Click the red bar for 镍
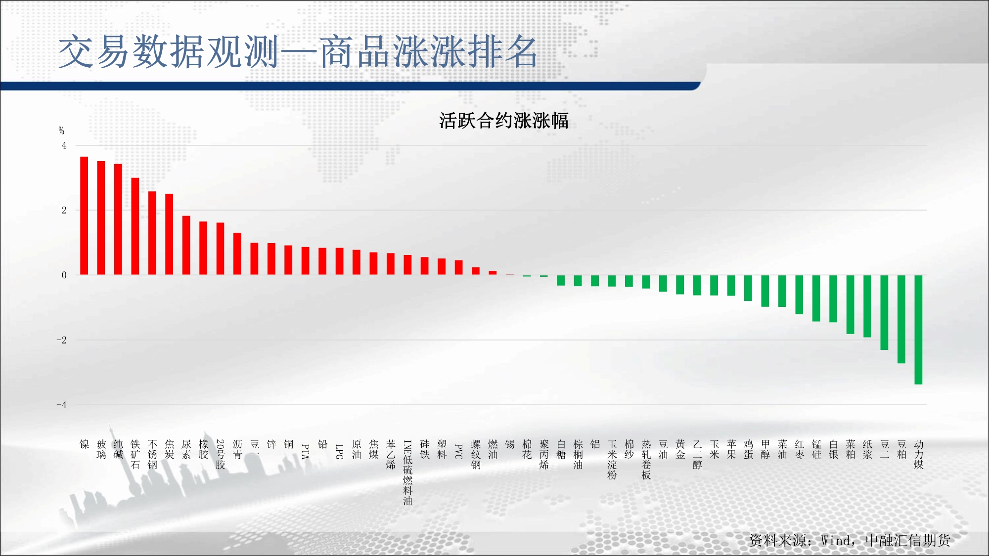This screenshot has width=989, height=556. point(84,215)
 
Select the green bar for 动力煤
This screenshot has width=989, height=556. point(918,330)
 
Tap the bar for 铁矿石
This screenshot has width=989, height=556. point(135,226)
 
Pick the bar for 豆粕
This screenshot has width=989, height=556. point(901,319)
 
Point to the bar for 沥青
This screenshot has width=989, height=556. point(237,254)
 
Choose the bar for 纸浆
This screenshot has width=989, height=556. point(867,306)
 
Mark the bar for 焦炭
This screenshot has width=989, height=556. point(169,234)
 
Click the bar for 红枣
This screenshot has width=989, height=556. point(799,295)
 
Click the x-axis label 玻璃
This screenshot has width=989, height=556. point(101,449)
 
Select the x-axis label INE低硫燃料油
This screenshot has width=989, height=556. point(407,472)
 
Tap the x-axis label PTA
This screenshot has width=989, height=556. point(306,451)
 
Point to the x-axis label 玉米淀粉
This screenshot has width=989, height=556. point(612,460)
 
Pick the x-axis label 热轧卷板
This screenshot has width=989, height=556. point(646,460)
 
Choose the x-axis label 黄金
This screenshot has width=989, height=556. point(680,449)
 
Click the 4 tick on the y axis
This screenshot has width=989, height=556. point(64,145)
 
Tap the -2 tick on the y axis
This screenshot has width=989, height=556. point(61,340)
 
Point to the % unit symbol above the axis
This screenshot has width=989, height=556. point(61,130)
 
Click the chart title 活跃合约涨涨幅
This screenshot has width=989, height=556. point(504,121)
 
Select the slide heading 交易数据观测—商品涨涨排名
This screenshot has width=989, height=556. point(298,51)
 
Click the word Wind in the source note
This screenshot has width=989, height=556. point(836,540)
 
